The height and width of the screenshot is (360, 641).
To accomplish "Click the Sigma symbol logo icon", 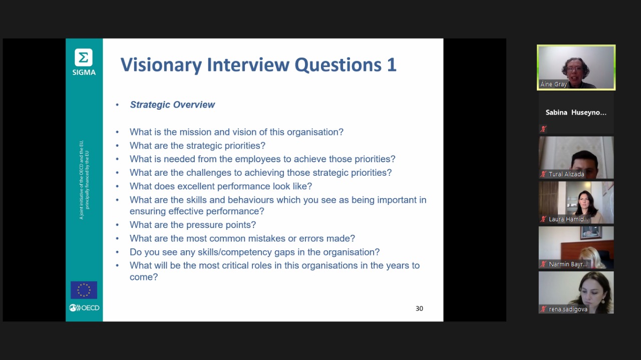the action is [84, 58].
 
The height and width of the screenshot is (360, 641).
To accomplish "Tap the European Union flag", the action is [84, 290].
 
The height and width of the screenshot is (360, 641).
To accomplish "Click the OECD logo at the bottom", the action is [84, 308].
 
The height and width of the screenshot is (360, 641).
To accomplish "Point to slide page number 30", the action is [419, 308].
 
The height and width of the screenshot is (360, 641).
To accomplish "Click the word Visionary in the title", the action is [161, 65].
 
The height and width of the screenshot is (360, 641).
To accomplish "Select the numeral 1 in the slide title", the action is [392, 65].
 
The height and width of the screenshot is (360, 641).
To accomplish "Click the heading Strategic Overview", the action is [172, 105].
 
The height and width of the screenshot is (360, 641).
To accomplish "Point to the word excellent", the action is [196, 186].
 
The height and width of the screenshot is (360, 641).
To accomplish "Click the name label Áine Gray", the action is [553, 84].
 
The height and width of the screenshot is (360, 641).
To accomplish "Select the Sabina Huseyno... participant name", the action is [576, 113].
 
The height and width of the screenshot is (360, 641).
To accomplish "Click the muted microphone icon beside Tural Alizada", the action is [543, 174].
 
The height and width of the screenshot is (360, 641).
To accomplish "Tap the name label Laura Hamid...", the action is [568, 219].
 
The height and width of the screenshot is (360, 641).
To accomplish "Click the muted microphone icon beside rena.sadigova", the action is [543, 309].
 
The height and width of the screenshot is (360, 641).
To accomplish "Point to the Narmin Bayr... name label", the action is [568, 264].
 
